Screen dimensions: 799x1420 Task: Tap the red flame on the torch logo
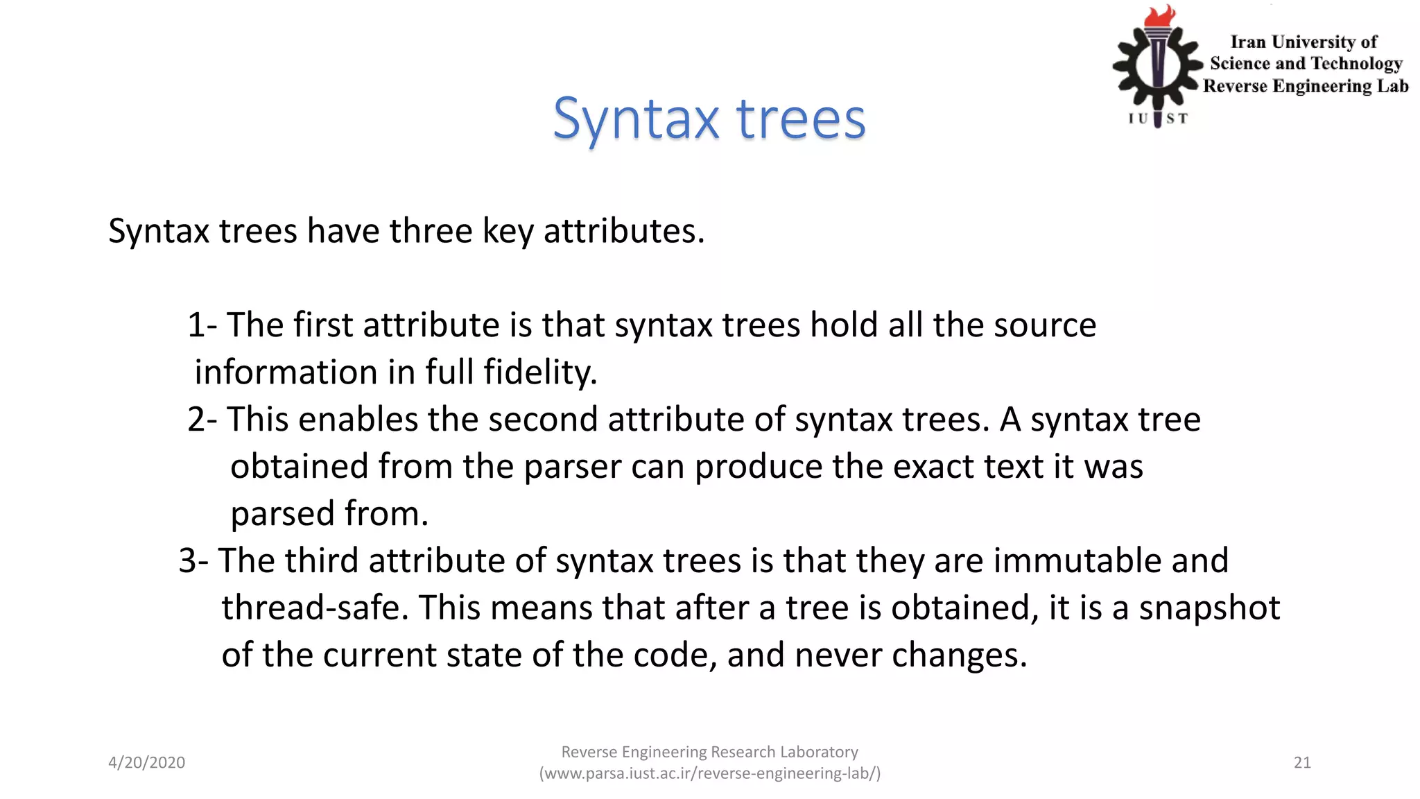pos(1159,16)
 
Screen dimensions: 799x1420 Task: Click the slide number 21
pos(1302,763)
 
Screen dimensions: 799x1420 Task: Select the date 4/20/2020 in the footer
pos(146,763)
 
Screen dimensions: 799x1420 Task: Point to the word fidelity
pos(540,372)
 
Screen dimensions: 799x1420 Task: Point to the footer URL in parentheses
pos(710,773)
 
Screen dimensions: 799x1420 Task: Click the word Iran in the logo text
pos(1247,42)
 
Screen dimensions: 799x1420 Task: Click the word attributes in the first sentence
pos(623,231)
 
